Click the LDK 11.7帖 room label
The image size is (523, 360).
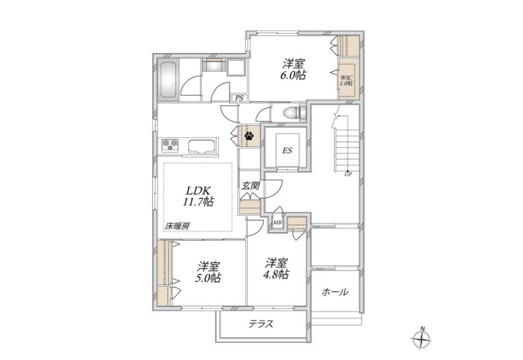(x=198, y=196)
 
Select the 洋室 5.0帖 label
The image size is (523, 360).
(x=208, y=272)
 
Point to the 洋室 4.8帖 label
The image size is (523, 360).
(x=277, y=268)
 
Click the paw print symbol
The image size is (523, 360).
(x=249, y=136)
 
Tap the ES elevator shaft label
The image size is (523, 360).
(x=287, y=150)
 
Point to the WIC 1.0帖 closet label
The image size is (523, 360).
(x=346, y=80)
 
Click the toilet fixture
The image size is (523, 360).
(x=292, y=113)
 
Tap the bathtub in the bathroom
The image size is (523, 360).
(x=168, y=80)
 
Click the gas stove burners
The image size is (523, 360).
(x=170, y=145)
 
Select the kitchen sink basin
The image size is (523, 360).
(x=201, y=146)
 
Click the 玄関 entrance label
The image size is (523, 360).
(x=251, y=185)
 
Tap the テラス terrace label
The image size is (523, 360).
(x=261, y=323)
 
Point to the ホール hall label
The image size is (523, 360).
(x=335, y=292)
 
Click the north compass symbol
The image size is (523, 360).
(x=422, y=339)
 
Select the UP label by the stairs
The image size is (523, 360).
(x=348, y=174)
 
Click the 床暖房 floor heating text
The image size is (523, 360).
(x=177, y=226)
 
